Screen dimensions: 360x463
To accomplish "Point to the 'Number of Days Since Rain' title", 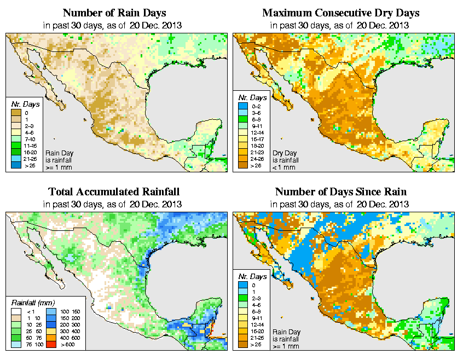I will point(341,192).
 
